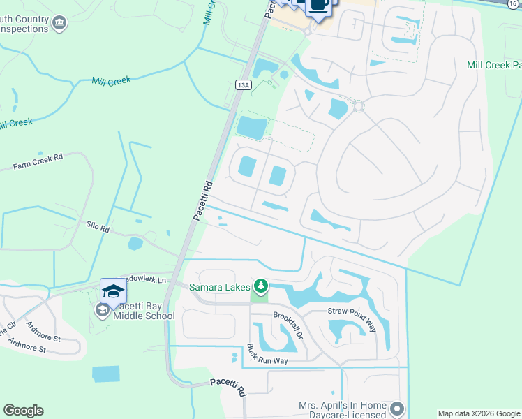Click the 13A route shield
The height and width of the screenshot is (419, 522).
242,84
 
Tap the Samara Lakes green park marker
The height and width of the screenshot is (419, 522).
261,286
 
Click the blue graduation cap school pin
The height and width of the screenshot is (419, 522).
113,291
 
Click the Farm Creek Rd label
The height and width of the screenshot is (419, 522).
38,162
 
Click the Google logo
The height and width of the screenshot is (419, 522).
23,411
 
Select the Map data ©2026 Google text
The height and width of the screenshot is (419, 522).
479,413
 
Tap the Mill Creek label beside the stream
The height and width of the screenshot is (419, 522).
111,81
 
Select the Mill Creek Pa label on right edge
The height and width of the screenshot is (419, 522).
494,65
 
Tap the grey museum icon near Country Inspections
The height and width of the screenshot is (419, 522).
59,24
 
